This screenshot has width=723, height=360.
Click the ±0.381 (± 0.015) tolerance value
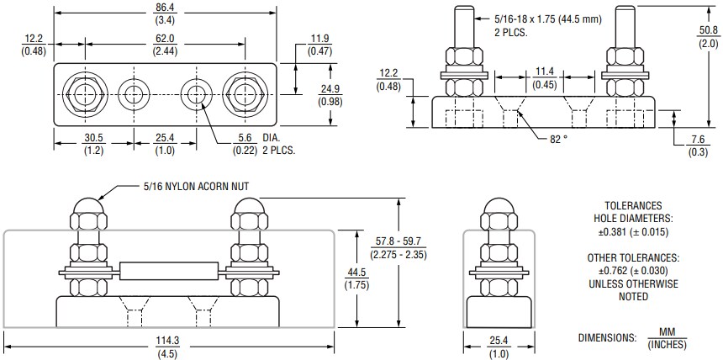pos(633,230)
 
